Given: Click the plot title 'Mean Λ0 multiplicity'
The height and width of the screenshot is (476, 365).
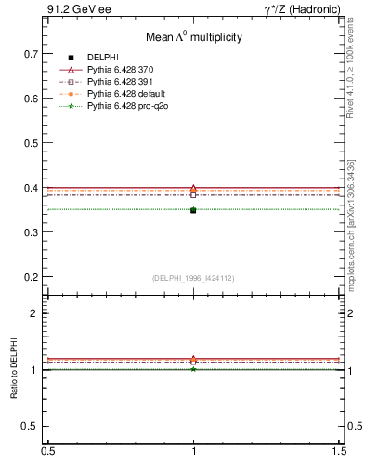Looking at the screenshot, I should click(193, 37).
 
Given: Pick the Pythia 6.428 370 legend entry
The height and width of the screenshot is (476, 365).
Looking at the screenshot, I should click(123, 70).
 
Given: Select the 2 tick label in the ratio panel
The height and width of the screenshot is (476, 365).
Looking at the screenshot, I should click(35, 313).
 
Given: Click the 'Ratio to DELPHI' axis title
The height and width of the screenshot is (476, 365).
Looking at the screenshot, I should click(14, 370).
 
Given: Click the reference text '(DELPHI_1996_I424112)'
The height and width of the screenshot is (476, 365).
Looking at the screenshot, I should click(192, 278).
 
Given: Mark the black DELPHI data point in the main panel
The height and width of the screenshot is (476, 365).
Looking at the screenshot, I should click(193, 210).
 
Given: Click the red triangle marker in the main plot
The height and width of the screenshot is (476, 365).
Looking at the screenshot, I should click(193, 188).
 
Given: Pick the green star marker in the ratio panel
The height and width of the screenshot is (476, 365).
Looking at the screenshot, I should click(193, 369).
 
